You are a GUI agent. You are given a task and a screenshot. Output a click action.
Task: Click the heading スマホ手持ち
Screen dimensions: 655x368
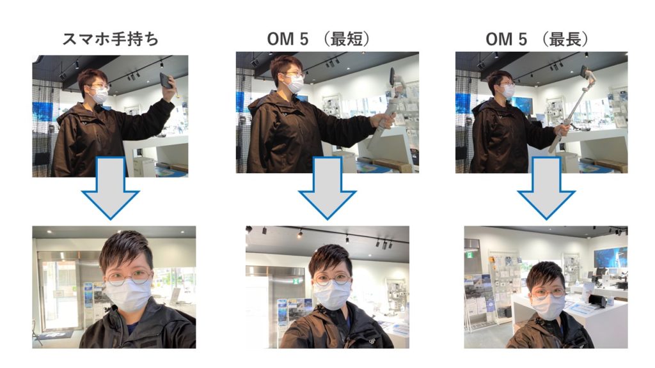click(x=111, y=39)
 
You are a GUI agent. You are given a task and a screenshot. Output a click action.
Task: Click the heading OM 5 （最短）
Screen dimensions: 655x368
click(x=319, y=39)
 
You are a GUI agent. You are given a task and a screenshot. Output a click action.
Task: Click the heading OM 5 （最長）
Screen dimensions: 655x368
click(x=537, y=39)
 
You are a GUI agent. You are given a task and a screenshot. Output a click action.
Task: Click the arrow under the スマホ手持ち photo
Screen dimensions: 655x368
click(x=110, y=188)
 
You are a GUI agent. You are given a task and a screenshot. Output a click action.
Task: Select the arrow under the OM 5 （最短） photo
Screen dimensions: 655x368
click(x=327, y=188)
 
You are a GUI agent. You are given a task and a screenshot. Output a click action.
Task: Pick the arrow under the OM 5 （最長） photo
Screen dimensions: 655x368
click(x=546, y=188)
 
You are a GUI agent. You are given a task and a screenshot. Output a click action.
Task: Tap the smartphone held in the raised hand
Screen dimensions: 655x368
click(x=166, y=80)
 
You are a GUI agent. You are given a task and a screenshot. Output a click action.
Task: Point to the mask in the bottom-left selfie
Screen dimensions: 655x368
click(x=127, y=294)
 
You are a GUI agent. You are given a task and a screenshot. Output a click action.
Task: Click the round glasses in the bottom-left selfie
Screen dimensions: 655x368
click(x=128, y=277)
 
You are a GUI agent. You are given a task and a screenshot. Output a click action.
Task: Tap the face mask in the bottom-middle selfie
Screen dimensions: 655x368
click(x=332, y=295)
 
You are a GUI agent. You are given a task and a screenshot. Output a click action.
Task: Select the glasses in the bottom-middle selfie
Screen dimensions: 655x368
click(x=333, y=279)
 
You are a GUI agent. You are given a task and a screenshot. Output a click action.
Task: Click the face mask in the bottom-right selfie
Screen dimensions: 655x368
click(x=548, y=307)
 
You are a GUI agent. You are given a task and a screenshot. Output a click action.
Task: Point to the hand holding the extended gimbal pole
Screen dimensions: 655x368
click(x=562, y=129)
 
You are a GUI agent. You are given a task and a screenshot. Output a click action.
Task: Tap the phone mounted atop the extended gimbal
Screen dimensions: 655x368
click(x=583, y=72)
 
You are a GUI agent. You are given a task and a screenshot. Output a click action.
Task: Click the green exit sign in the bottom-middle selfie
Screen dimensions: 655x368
click(x=296, y=281)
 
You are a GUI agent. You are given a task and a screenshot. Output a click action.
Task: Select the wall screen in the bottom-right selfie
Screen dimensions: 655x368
click(x=610, y=257)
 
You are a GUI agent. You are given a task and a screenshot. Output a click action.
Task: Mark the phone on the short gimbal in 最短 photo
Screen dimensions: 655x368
click(x=393, y=77)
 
